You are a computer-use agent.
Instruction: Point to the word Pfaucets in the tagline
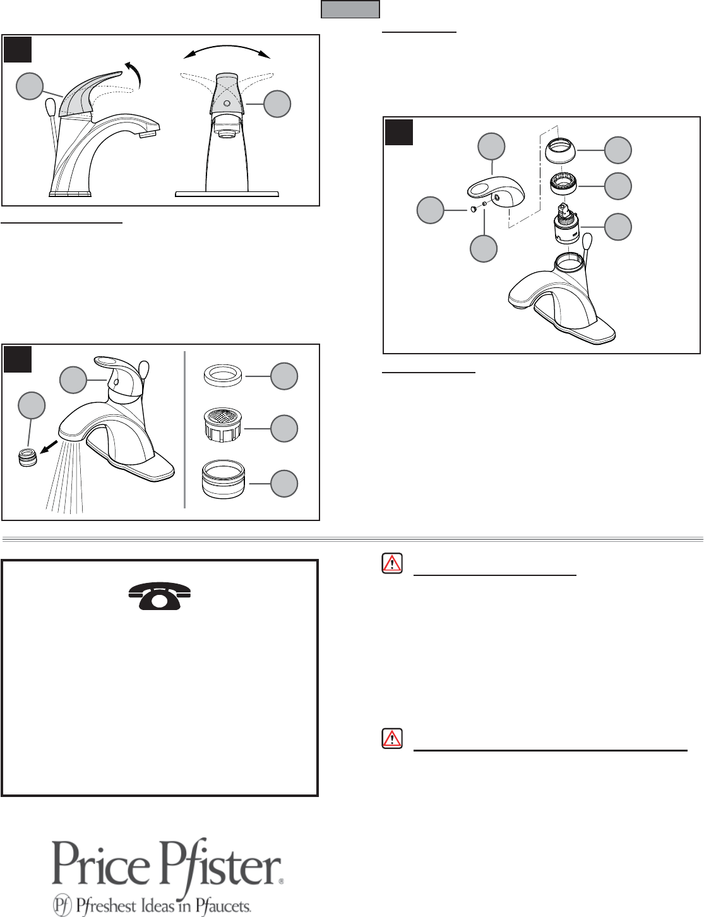pyautogui.click(x=224, y=906)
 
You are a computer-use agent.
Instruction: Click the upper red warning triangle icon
pyautogui.click(x=392, y=563)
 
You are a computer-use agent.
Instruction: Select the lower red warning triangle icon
pyautogui.click(x=392, y=738)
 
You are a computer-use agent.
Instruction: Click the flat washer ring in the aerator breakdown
pyautogui.click(x=223, y=376)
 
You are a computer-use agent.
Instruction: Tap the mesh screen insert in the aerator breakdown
pyautogui.click(x=222, y=424)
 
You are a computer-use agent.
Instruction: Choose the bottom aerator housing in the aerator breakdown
pyautogui.click(x=223, y=479)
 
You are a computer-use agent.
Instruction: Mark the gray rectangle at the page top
pyautogui.click(x=350, y=9)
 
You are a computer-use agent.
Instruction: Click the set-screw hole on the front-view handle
pyautogui.click(x=227, y=104)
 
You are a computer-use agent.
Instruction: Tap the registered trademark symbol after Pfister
pyautogui.click(x=282, y=881)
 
